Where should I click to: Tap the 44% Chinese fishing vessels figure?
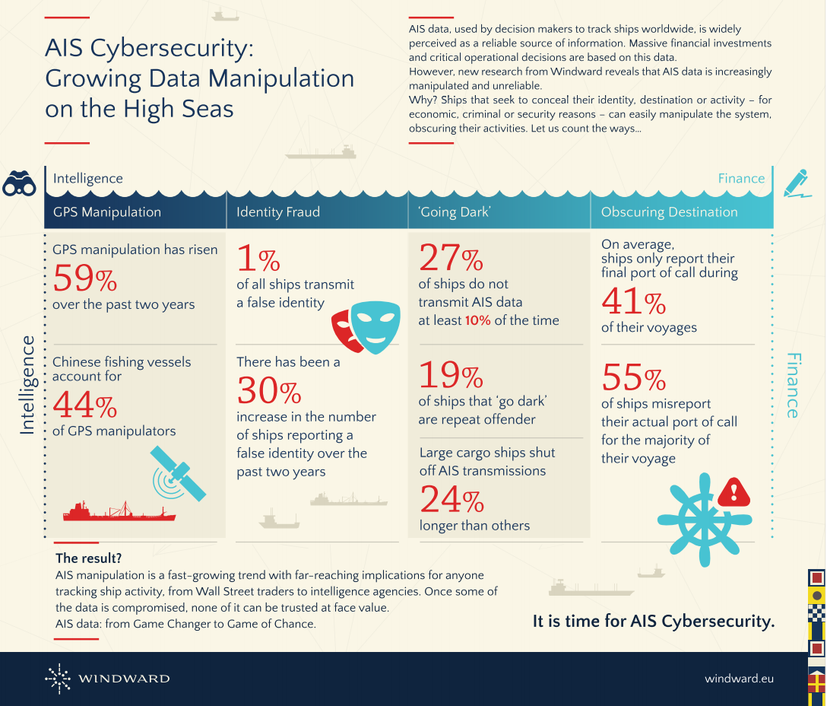tap(84, 405)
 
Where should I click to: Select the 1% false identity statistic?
tap(258, 259)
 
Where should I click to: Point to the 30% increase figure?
tap(268, 391)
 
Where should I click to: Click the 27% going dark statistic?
tap(451, 259)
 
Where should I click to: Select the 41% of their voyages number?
tap(633, 303)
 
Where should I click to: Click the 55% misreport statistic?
tap(633, 377)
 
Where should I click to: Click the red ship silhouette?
tap(119, 511)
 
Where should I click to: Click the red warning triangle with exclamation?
tap(734, 492)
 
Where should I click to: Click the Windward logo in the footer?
tap(107, 678)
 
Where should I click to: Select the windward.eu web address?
tap(739, 678)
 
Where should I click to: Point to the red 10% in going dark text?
tap(477, 320)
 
